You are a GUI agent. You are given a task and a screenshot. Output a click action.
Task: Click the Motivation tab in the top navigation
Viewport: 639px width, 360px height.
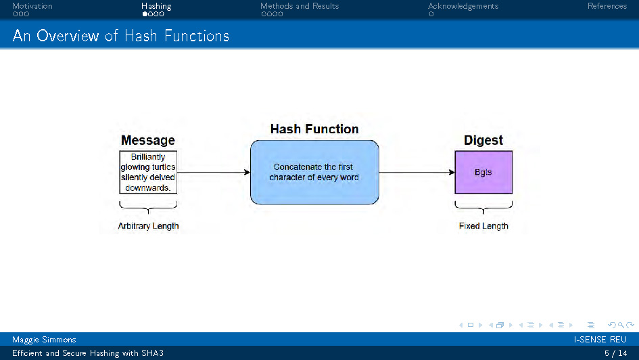coord(32,6)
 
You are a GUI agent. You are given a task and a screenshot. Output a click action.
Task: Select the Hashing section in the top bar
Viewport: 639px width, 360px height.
coord(156,6)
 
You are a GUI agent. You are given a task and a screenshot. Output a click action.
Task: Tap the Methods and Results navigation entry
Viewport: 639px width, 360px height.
coord(300,6)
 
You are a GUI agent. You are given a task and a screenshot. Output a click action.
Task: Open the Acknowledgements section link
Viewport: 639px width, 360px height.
coord(463,6)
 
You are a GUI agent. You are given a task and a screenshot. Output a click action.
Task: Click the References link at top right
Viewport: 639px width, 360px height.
coord(607,6)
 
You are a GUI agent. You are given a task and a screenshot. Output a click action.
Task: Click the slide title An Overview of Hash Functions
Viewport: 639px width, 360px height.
coord(120,36)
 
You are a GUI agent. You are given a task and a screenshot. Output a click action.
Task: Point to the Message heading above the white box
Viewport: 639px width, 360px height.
coord(147,141)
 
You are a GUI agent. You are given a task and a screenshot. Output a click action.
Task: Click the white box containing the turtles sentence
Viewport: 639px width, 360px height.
coord(148,173)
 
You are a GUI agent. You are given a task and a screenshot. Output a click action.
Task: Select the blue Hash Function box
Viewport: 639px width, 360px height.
coord(314,173)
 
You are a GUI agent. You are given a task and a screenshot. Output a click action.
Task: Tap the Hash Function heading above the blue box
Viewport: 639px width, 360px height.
coord(314,129)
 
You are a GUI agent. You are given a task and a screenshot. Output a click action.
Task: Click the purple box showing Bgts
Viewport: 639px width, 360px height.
coord(483,173)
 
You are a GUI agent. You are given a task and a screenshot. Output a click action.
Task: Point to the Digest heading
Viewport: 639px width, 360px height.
coord(483,140)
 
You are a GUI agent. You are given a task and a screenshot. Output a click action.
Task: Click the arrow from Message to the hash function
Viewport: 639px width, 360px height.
coord(213,173)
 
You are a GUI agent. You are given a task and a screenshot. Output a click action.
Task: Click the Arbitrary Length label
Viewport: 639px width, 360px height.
coord(148,226)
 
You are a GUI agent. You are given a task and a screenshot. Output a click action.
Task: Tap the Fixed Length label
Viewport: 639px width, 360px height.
coord(483,226)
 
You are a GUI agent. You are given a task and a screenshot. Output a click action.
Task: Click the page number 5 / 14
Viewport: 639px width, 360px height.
coord(615,353)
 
